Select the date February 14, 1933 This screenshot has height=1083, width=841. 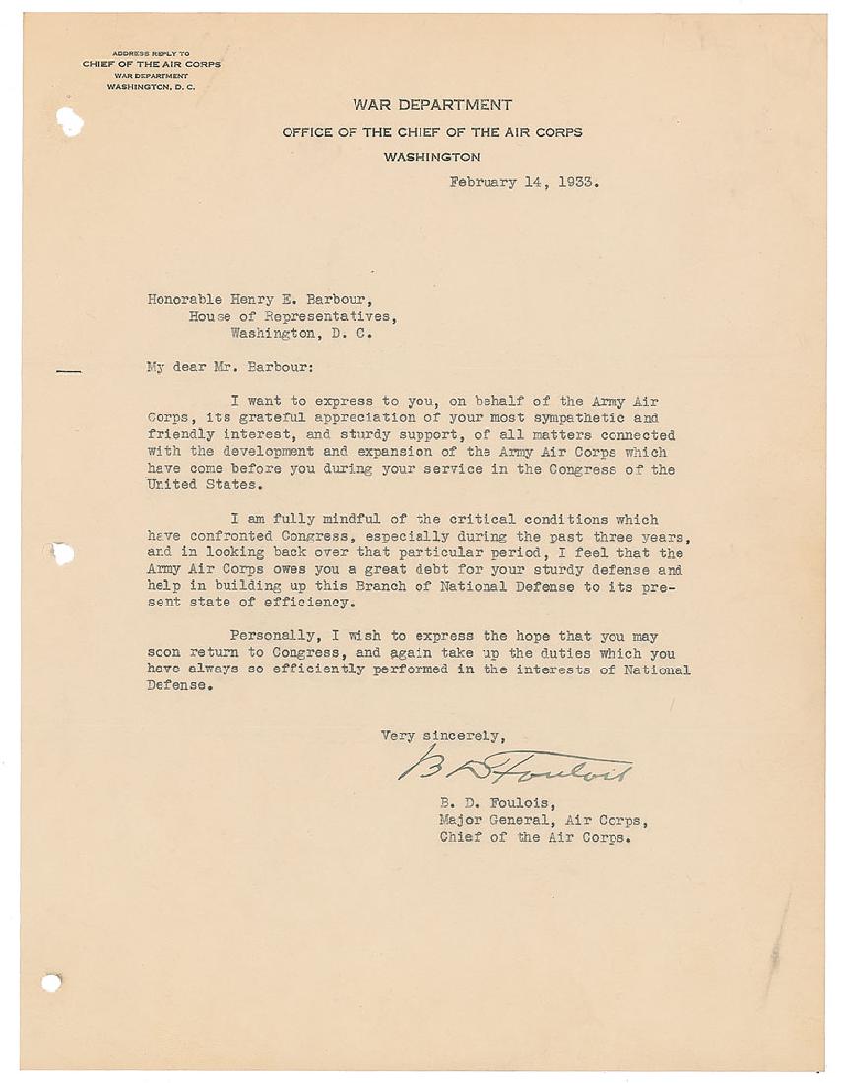click(x=524, y=182)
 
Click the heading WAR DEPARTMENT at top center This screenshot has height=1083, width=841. click(x=433, y=105)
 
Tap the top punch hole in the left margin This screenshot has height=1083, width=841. click(x=69, y=122)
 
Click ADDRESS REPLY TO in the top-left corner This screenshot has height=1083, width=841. click(x=151, y=53)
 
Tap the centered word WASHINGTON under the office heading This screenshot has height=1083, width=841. click(x=432, y=158)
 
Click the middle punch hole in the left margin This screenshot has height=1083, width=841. click(x=62, y=553)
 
